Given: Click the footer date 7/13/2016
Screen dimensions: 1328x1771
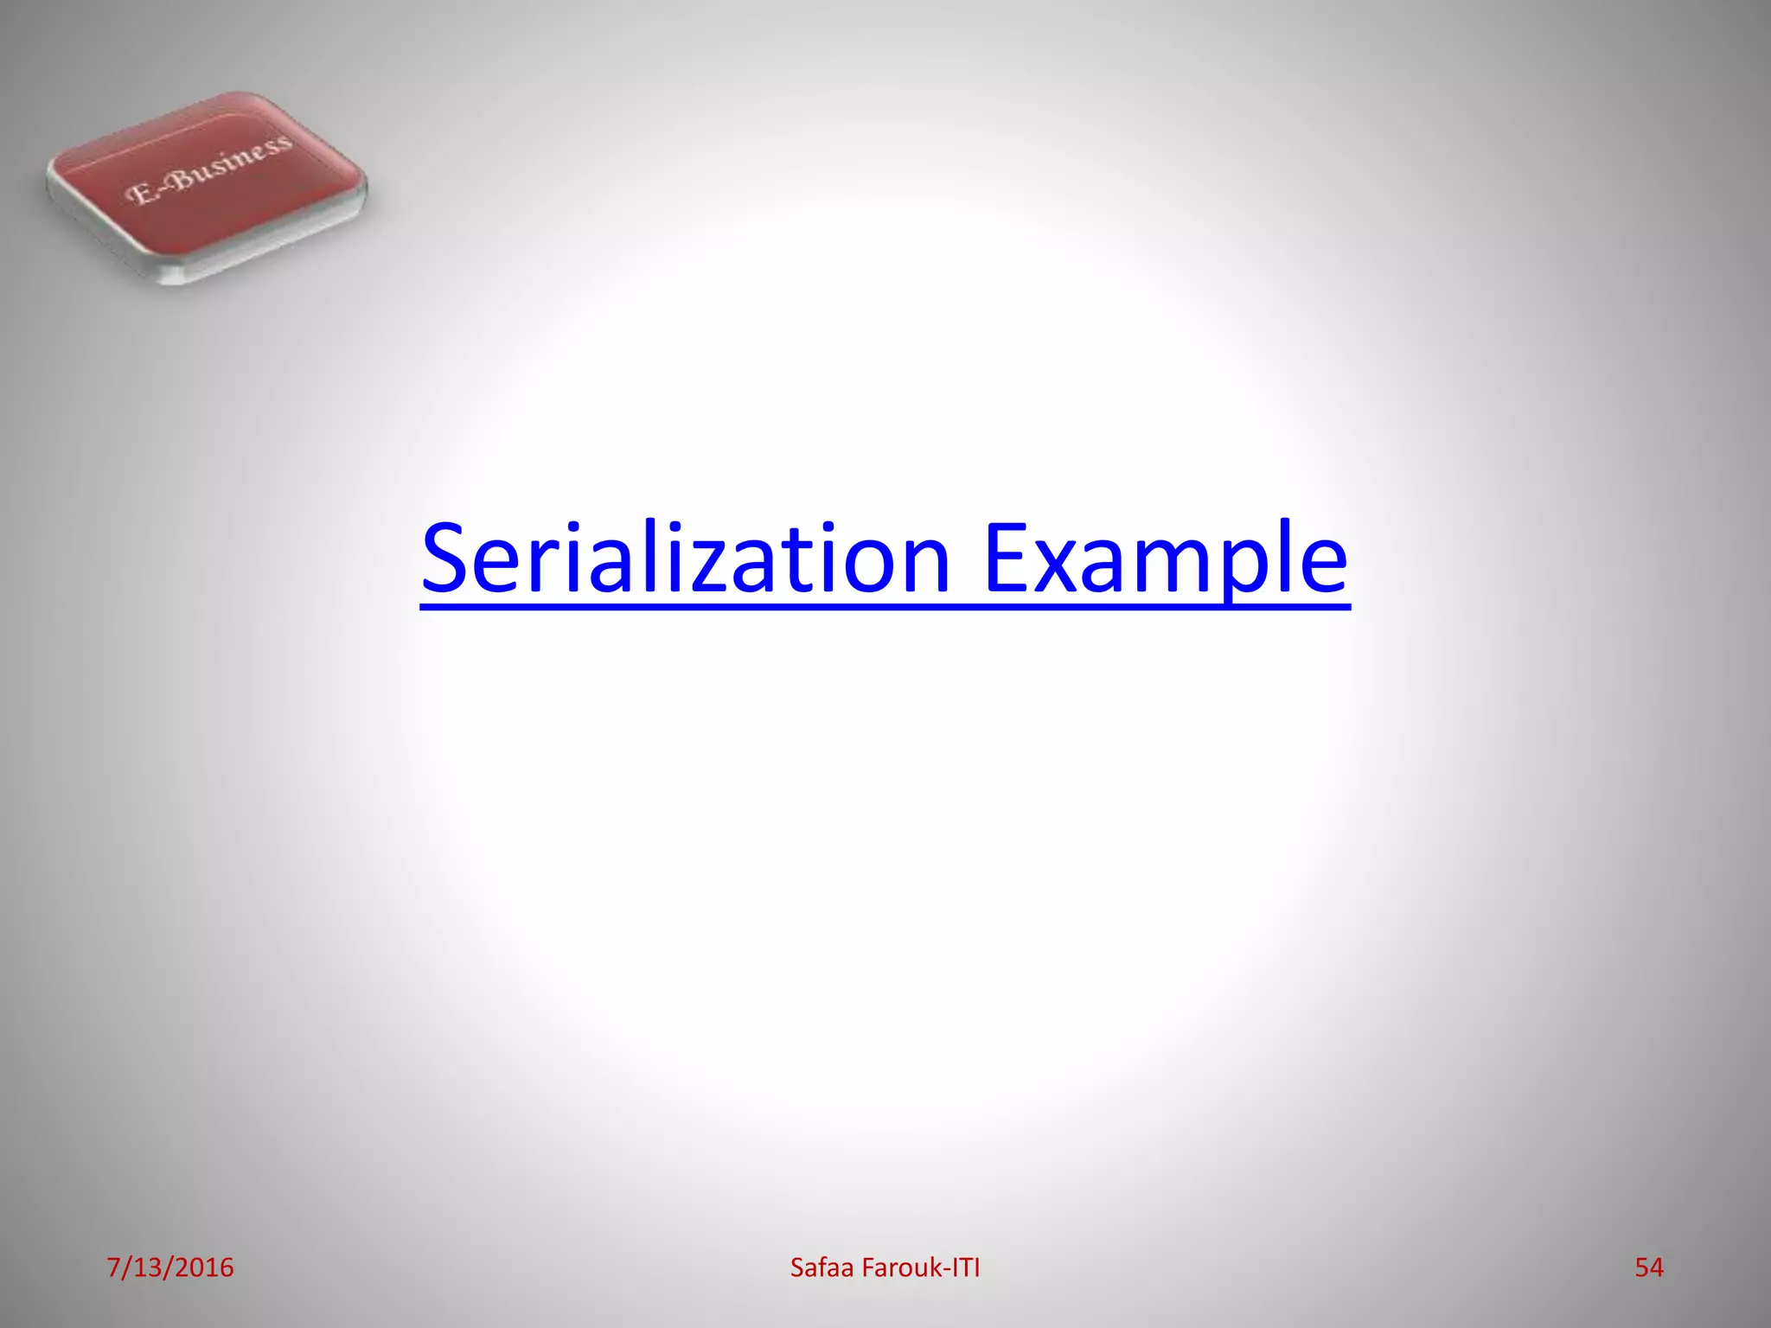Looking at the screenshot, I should pos(170,1267).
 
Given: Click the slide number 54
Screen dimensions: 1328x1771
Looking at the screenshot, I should pos(1649,1267).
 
